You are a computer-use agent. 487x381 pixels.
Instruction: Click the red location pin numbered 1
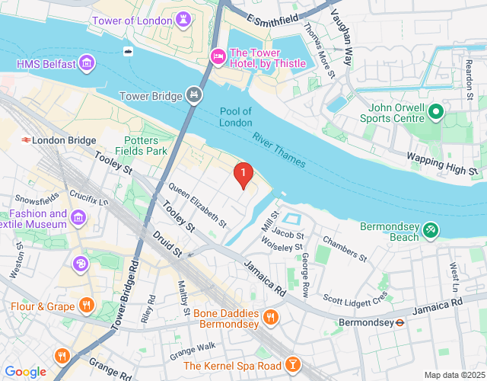[x=243, y=175]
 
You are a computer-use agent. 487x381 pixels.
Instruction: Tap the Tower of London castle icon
[x=183, y=18]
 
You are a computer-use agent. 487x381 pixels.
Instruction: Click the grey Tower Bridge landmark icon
[x=195, y=95]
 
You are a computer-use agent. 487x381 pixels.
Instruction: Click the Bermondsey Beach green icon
[x=431, y=229]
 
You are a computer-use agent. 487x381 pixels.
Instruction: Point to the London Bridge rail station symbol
[x=26, y=140]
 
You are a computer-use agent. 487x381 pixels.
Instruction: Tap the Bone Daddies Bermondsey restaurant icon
[x=270, y=316]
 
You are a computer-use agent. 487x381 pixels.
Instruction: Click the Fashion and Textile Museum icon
[x=78, y=219]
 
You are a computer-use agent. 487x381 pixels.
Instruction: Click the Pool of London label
[x=236, y=117]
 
